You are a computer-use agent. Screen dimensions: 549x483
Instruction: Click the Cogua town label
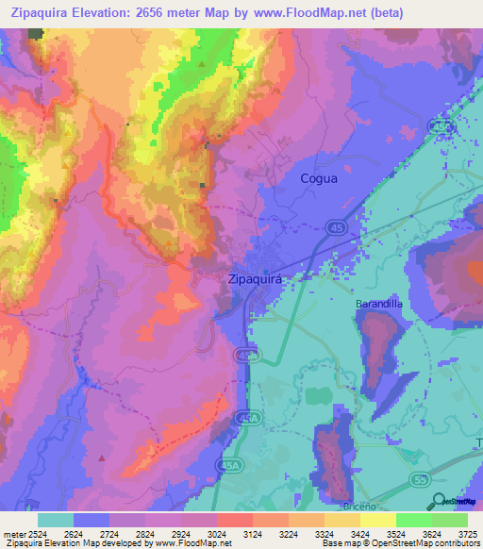tap(318, 177)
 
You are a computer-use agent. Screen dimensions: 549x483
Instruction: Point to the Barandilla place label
tap(379, 305)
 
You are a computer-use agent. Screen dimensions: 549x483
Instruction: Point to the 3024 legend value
tap(217, 534)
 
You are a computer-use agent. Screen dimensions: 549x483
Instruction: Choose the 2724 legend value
tap(109, 534)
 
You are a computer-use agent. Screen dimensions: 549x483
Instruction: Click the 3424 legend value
tap(359, 534)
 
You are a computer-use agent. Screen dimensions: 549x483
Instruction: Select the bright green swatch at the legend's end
tap(450, 520)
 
